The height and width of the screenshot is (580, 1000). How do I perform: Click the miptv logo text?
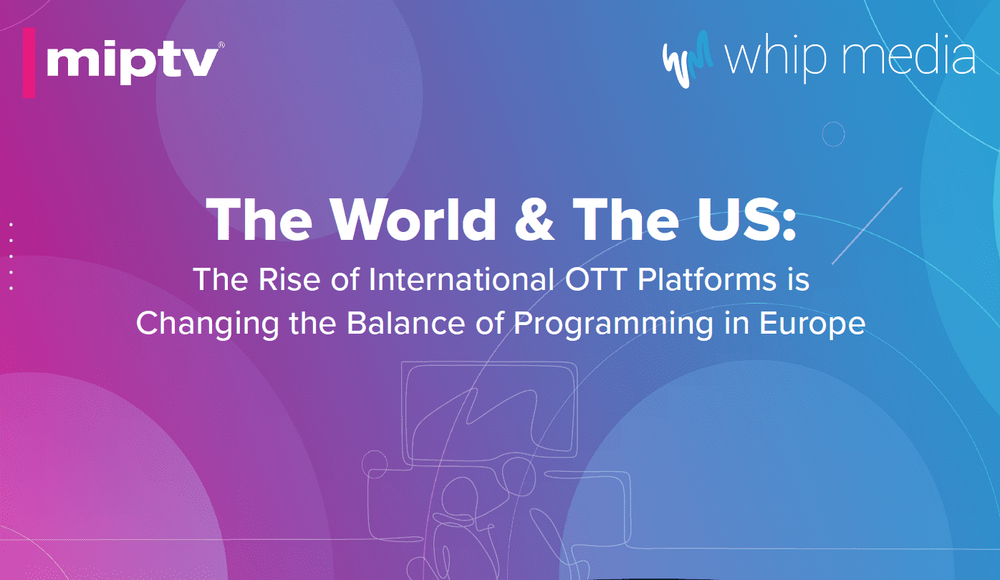pos(132,62)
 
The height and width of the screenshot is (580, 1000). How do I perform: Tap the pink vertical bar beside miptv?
pos(29,63)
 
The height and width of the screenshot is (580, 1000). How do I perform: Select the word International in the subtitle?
pos(459,279)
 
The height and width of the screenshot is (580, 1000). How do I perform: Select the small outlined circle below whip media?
pos(833,134)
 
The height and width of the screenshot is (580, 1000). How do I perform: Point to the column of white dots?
pos(11,256)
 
